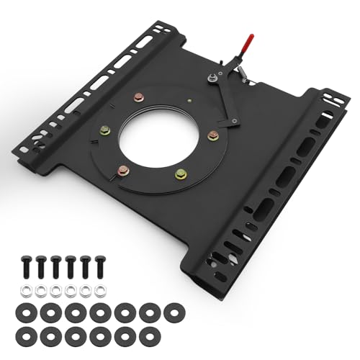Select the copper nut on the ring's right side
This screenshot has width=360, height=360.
point(212,135)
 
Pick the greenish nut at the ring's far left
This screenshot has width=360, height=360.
point(106,130)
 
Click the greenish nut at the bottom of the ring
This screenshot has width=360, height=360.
point(181,174)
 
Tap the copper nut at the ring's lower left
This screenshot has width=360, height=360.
point(123,171)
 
